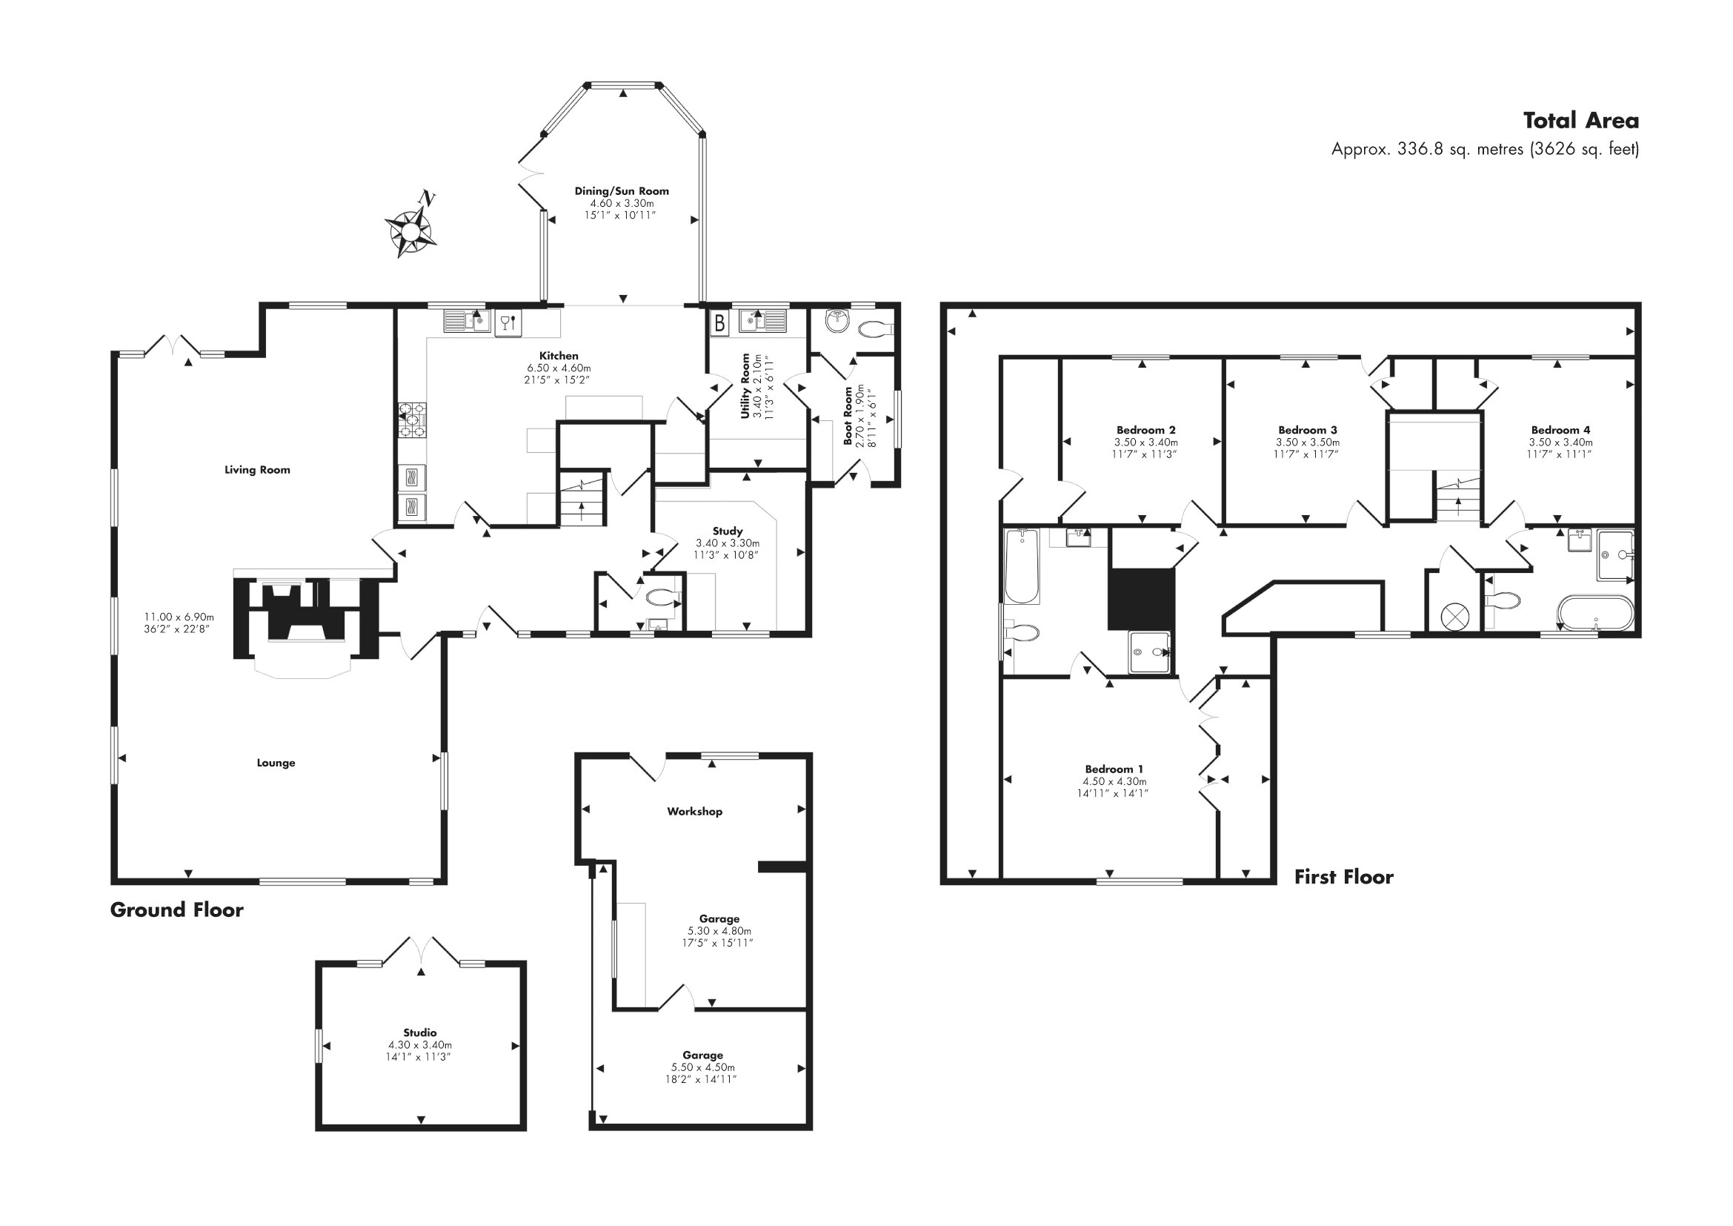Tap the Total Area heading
tap(1580, 121)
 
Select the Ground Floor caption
tap(176, 909)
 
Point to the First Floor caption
tap(1343, 876)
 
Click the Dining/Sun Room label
tap(621, 191)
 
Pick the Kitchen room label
tap(559, 356)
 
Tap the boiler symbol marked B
tap(719, 323)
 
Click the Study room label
tap(728, 531)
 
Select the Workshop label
tap(694, 812)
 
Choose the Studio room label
tap(419, 1033)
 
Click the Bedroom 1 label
tap(1114, 769)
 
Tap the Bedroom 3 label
tap(1307, 431)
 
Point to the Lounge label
tap(276, 763)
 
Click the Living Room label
tap(257, 469)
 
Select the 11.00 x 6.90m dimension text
tap(179, 617)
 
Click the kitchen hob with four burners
tap(412, 421)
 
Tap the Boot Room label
tap(848, 416)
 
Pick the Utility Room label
tap(746, 386)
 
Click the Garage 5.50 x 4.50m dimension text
tap(702, 1067)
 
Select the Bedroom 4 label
tap(1560, 431)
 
